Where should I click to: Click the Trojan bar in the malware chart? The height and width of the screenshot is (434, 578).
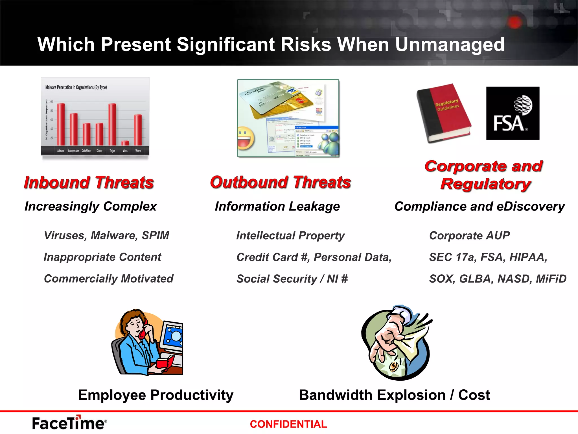click(x=112, y=124)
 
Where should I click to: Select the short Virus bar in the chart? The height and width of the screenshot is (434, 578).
click(x=125, y=143)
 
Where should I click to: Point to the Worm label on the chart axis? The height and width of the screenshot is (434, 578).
click(x=138, y=151)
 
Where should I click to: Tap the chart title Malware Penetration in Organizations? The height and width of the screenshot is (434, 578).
click(x=76, y=87)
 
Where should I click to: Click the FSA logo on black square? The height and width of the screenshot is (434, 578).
click(x=513, y=113)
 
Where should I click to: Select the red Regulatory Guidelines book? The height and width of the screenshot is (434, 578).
click(x=444, y=113)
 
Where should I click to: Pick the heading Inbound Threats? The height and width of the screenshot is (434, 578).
click(x=89, y=183)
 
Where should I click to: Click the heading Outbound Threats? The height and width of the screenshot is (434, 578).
click(x=280, y=182)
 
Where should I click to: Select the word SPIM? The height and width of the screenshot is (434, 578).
click(x=156, y=235)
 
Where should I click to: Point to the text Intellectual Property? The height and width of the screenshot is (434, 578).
click(x=290, y=236)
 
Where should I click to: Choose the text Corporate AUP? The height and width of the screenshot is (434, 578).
click(x=469, y=236)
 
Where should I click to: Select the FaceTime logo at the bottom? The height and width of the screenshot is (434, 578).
click(x=69, y=423)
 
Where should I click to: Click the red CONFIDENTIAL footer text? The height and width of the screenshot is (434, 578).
click(x=288, y=424)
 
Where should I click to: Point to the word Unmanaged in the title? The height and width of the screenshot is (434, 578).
click(x=450, y=45)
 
